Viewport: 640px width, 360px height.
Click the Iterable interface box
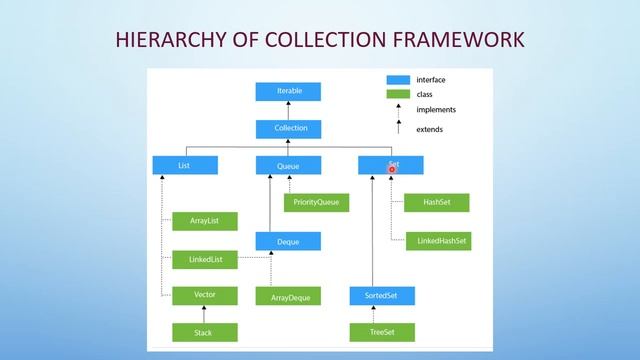point(289,91)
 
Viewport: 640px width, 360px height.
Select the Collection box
point(289,128)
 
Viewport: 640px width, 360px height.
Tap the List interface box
point(184,165)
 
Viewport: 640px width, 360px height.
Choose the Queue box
point(289,165)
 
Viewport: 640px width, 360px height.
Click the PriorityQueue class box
point(315,202)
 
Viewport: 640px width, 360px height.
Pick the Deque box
point(289,240)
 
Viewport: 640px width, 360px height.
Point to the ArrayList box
point(205,220)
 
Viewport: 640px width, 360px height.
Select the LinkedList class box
point(205,259)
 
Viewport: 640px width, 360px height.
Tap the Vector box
point(205,295)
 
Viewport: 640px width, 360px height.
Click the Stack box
point(205,331)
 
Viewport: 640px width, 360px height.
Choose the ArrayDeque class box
point(289,296)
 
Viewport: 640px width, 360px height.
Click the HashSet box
point(436,202)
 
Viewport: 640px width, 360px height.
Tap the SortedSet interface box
point(381,296)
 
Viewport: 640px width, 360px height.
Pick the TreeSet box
point(381,331)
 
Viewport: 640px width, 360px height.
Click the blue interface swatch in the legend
point(399,79)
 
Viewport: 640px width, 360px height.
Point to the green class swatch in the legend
point(399,94)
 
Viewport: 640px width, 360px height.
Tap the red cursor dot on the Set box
point(392,169)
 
